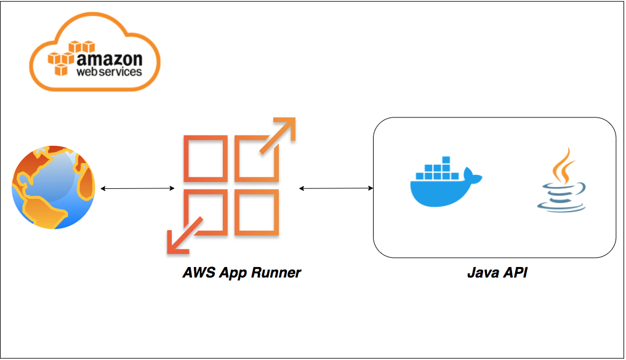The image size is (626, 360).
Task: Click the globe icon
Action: tap(54, 188)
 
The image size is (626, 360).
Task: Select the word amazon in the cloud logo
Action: tap(109, 59)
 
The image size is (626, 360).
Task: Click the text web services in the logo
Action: tap(108, 72)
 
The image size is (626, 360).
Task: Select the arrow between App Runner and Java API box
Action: tap(336, 188)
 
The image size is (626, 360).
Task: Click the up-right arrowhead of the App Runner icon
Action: tap(285, 126)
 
